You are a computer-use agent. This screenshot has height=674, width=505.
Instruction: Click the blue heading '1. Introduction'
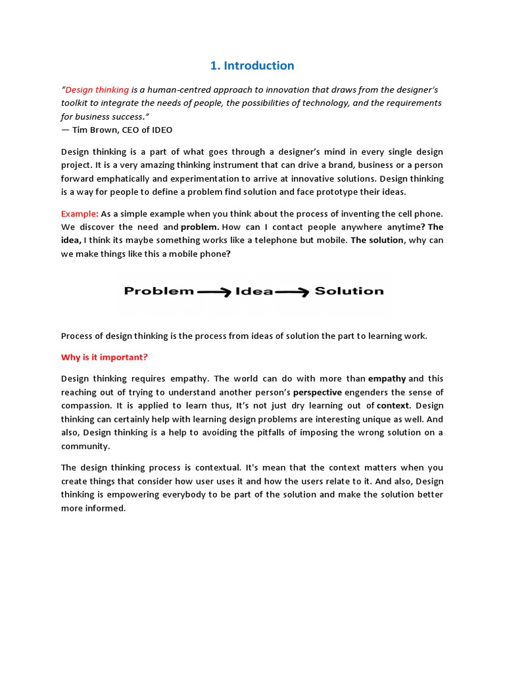(x=252, y=66)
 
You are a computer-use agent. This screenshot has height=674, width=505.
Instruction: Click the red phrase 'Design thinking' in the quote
(x=97, y=90)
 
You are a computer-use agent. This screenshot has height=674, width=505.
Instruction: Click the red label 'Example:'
(x=80, y=213)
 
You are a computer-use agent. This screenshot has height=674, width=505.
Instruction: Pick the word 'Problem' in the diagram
(x=159, y=291)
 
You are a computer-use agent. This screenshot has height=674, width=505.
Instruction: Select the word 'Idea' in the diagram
(x=254, y=291)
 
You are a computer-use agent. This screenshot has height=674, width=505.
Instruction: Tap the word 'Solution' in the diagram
(x=349, y=291)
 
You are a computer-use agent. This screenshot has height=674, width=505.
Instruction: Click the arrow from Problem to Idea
(x=214, y=292)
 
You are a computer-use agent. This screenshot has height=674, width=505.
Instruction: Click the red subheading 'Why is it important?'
(x=105, y=357)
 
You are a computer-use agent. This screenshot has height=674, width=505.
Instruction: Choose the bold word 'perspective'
(x=318, y=392)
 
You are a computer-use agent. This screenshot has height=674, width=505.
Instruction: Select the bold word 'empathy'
(x=387, y=378)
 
